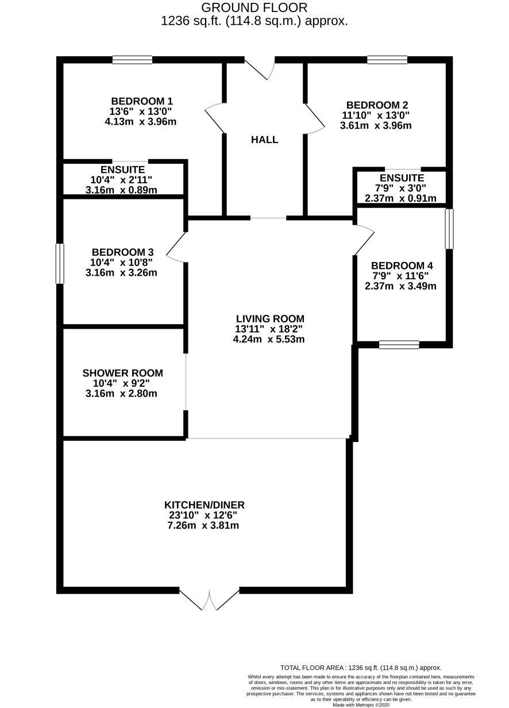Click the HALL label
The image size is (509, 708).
coord(264,140)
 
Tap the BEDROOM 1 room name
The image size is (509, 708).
coord(142,102)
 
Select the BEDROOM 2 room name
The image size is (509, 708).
coord(377,105)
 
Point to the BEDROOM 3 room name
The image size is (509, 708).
coord(122,252)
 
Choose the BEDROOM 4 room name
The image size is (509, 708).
coord(402,266)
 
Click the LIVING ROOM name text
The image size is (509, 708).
coord(270,318)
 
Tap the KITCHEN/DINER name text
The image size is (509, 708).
coord(205,505)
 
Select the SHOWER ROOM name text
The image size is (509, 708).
coord(122,373)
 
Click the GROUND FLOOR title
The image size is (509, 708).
coord(254,7)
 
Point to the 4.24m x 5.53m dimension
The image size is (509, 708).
coord(269,340)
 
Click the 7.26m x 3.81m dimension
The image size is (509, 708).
coord(203,526)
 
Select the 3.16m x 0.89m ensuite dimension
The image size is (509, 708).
coord(121,190)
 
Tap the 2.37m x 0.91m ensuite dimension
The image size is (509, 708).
coord(400,198)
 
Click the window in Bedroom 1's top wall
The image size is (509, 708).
coord(132,60)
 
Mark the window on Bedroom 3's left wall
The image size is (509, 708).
coord(60,264)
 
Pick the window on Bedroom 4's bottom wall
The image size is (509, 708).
coord(399,345)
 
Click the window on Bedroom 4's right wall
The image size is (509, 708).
coord(449,229)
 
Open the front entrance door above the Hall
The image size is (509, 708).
coord(260,68)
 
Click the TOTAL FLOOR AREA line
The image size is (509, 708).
coord(361,668)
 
